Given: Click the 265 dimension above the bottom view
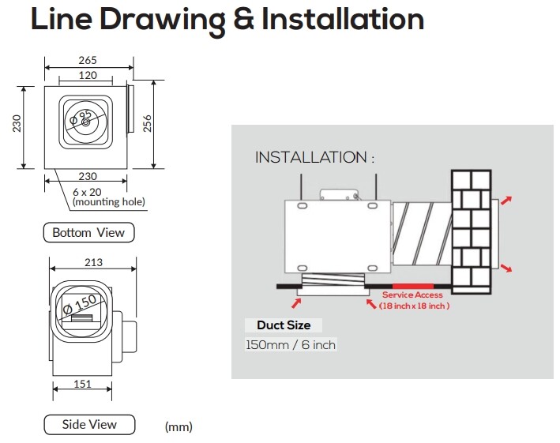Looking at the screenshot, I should (x=88, y=60).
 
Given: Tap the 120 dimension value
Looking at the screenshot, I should (x=88, y=75).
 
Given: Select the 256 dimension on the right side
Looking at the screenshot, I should (x=147, y=125).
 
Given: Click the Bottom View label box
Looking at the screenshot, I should (x=88, y=232).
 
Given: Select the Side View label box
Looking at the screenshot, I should (x=89, y=424).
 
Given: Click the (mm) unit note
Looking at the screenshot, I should (x=179, y=426).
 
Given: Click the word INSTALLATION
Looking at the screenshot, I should (x=310, y=158).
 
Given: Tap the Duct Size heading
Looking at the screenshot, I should (x=284, y=325).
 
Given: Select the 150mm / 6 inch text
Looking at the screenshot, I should (x=291, y=345).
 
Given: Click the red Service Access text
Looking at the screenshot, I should (x=412, y=295).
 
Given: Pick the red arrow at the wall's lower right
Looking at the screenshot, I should (x=506, y=268).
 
